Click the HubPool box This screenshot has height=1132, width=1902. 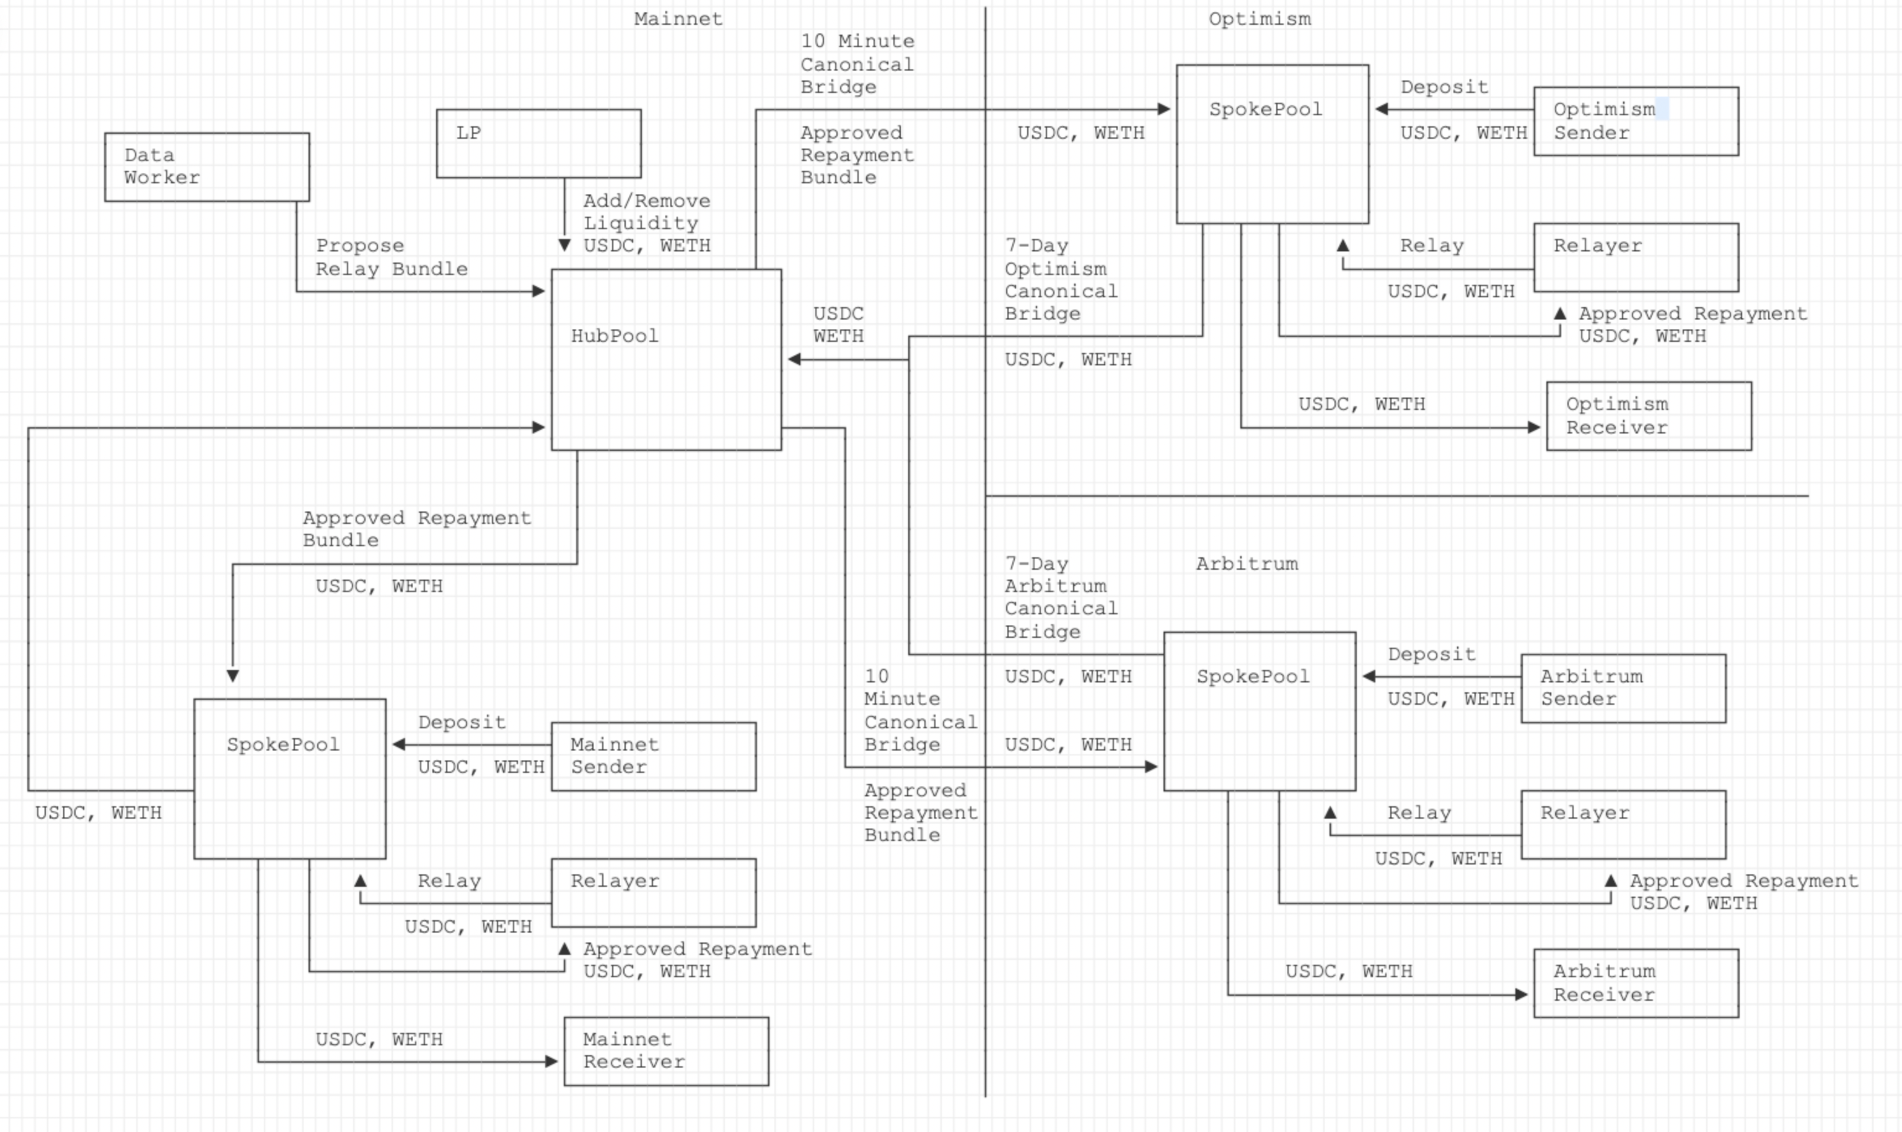[666, 359]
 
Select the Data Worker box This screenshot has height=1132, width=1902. [207, 167]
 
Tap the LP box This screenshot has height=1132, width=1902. [538, 144]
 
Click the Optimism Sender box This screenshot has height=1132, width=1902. [1636, 121]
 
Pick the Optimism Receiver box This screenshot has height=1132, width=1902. [1649, 416]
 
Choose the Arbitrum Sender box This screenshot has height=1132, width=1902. [1623, 688]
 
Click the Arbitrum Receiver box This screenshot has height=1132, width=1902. [1636, 983]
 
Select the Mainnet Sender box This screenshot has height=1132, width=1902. [653, 756]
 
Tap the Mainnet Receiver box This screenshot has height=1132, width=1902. [666, 1051]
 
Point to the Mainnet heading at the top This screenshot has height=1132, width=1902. [678, 19]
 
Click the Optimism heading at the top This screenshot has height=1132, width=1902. [1260, 19]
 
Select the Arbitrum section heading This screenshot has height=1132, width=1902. [1247, 564]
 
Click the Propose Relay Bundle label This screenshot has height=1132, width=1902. [392, 257]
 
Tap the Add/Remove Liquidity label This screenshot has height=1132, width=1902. [646, 212]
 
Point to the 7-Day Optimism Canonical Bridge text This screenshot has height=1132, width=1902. [1061, 279]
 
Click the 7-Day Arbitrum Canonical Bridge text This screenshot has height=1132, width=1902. [1061, 598]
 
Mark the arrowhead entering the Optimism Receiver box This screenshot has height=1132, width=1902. [1533, 427]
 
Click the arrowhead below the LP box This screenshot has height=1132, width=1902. [564, 245]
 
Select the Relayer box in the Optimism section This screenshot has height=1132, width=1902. [1636, 257]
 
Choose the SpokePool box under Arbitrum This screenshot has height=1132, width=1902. [1259, 711]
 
